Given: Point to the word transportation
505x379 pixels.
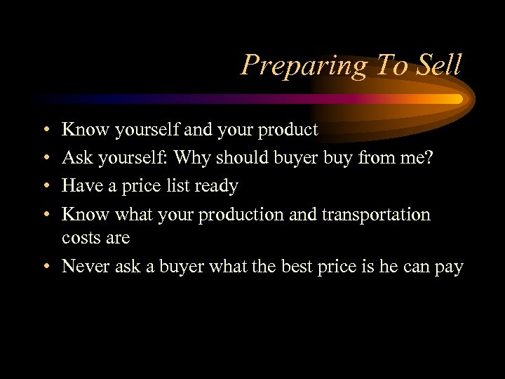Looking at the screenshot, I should pos(375,214).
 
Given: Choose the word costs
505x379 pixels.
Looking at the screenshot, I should pos(81,238).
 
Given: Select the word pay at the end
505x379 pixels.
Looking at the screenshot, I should pos(447,267).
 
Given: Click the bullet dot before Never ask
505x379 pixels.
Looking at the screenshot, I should pos(44,267).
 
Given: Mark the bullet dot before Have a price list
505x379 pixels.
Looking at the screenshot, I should pos(44,187).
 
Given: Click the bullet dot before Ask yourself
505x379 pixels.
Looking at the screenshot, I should pos(44,159).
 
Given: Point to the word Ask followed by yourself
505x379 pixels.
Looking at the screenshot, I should pos(78,158).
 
